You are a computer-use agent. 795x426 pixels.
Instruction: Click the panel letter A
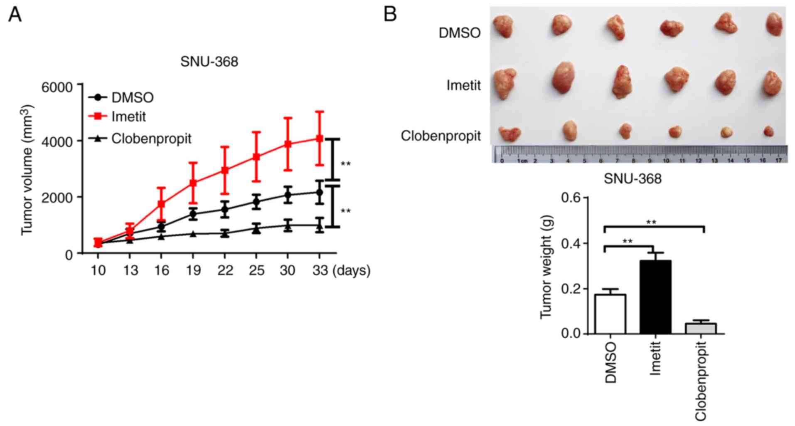pyautogui.click(x=15, y=15)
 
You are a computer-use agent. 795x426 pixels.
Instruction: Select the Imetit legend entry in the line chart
pyautogui.click(x=128, y=117)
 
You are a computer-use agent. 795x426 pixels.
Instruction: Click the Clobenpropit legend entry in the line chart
pyautogui.click(x=151, y=139)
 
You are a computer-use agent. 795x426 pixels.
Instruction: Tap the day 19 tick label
pyautogui.click(x=193, y=271)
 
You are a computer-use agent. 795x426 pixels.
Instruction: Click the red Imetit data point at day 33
pyautogui.click(x=319, y=139)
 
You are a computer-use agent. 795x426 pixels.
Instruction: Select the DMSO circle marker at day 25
pyautogui.click(x=256, y=202)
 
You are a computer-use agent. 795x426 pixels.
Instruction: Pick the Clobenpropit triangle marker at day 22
pyautogui.click(x=225, y=233)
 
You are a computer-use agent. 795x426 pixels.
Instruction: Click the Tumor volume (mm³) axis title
pyautogui.click(x=27, y=169)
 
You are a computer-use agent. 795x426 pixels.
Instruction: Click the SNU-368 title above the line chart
pyautogui.click(x=209, y=62)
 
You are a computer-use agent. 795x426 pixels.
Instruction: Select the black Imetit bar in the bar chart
pyautogui.click(x=655, y=297)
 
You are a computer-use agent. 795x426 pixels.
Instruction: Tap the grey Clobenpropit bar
pyautogui.click(x=701, y=329)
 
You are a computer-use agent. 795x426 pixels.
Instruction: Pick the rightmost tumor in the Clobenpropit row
pyautogui.click(x=768, y=131)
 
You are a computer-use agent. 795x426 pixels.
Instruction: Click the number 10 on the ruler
pyautogui.click(x=666, y=161)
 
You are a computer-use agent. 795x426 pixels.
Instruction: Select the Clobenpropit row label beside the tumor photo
pyautogui.click(x=441, y=136)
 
